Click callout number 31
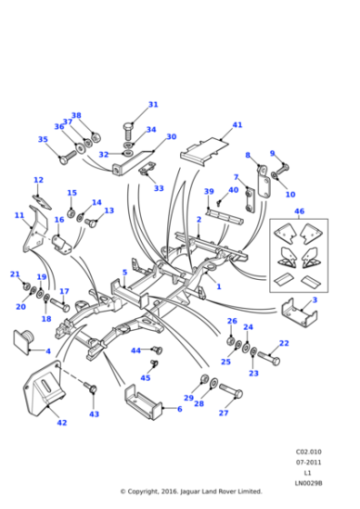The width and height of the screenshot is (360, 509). click(153, 105)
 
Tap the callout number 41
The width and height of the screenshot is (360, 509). click(237, 125)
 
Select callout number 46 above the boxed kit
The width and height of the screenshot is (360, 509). click(299, 211)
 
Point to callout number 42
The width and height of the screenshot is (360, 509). click(61, 423)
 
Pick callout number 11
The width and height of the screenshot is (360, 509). click(19, 215)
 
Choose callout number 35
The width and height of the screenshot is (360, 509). click(43, 140)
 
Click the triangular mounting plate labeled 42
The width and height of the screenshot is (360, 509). click(44, 389)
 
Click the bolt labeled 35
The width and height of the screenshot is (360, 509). click(65, 158)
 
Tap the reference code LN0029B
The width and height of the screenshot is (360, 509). click(308, 483)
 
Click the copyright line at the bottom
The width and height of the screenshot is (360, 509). click(191, 492)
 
